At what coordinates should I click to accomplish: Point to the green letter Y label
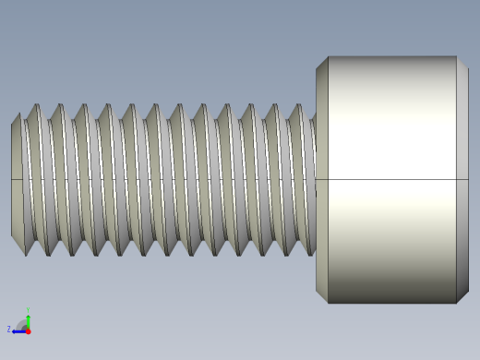pos(28,310)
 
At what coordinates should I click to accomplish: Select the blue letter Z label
pos(9,329)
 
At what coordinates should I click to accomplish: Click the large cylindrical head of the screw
pos(392,179)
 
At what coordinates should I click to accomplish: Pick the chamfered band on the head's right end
pos(462,179)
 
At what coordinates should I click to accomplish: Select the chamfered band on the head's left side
pos(322,179)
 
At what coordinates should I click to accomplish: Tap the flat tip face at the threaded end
pos(16,179)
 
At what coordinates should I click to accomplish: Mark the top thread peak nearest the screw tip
pos(37,105)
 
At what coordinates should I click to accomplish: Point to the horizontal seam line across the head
pos(392,179)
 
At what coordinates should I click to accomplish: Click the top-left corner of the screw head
pos(328,56)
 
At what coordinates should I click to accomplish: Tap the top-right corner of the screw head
pos(457,56)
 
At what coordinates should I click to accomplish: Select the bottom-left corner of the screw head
pos(328,303)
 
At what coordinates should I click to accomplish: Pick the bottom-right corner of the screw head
pos(457,303)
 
